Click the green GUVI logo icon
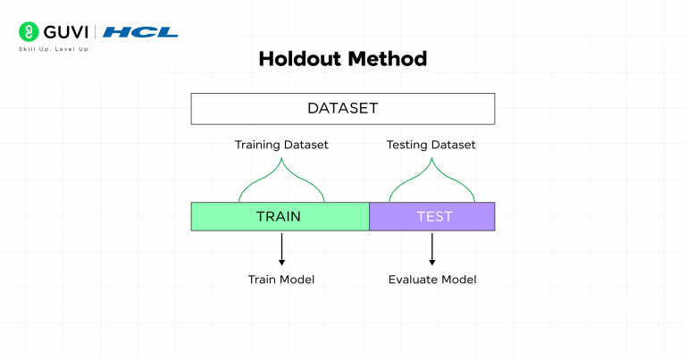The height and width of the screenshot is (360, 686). [28, 31]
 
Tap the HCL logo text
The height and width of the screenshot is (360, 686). [140, 32]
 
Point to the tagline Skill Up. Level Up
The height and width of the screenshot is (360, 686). [53, 48]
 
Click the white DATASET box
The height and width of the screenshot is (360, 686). [342, 109]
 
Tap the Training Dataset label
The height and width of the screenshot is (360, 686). [281, 144]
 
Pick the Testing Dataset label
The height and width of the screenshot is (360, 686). [431, 144]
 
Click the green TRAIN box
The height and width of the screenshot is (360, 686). [280, 216]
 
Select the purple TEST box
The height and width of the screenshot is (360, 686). [432, 216]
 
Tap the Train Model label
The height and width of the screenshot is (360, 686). [281, 280]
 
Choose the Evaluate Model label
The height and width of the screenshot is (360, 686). [432, 280]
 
